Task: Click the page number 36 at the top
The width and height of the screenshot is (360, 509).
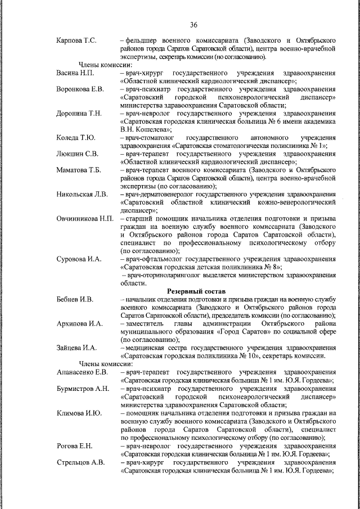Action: pos(193,25)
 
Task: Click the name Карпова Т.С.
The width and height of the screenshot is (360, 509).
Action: pos(77,41)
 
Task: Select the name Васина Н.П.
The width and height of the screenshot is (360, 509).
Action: pos(75,73)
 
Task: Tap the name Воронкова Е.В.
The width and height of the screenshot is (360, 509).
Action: pos(80,89)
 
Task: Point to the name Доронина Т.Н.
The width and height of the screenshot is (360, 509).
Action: pos(79,114)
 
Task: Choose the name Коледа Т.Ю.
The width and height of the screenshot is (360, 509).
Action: pos(76,138)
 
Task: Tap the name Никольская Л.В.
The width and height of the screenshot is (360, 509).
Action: pos(82,195)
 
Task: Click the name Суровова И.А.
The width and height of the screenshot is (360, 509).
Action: pos(79,259)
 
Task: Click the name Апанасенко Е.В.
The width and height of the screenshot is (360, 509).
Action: pos(82,372)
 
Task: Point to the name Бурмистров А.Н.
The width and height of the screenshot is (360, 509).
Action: pos(83,389)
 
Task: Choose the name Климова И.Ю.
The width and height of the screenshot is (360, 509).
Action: pos(79,413)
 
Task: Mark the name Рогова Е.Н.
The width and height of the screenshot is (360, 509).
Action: pos(74,445)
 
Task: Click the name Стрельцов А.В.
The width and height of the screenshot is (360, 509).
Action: pos(80,462)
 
